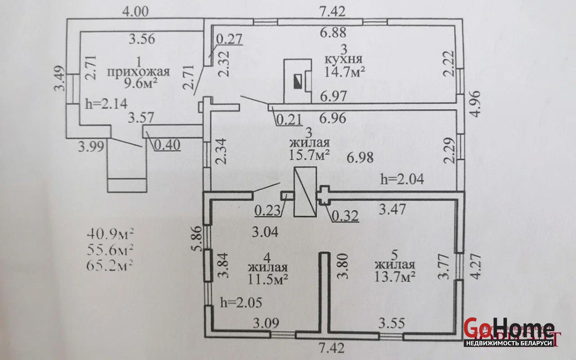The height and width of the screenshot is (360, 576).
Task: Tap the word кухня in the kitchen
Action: tap(343, 59)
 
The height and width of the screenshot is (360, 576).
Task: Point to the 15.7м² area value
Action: tap(310, 155)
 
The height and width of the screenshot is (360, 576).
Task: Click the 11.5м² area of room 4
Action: tap(268, 279)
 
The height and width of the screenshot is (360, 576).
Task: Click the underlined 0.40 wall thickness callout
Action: tap(167, 145)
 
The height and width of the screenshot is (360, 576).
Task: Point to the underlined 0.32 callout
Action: tap(345, 216)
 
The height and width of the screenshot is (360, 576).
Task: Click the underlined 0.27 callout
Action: tap(230, 38)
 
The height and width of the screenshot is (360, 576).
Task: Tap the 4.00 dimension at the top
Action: tap(135, 11)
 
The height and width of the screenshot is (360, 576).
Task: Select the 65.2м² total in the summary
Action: tap(110, 264)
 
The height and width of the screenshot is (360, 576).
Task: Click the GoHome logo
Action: tap(509, 330)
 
